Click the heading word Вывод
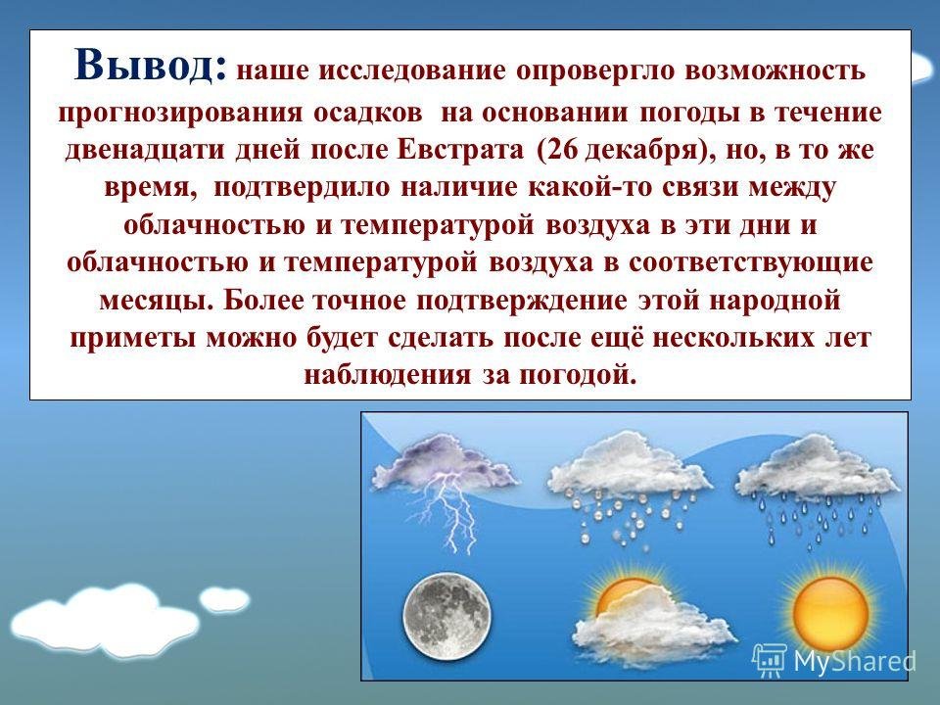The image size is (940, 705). pos(151,65)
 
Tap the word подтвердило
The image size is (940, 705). pos(302,188)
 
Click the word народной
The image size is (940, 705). pos(775,301)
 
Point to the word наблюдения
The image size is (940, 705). pos(388,375)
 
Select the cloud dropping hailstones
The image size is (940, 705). pos(630,486)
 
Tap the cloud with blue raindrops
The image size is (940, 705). pos(818,486)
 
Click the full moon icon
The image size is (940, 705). pos(446,616)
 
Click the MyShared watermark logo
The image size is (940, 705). pos(834,660)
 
